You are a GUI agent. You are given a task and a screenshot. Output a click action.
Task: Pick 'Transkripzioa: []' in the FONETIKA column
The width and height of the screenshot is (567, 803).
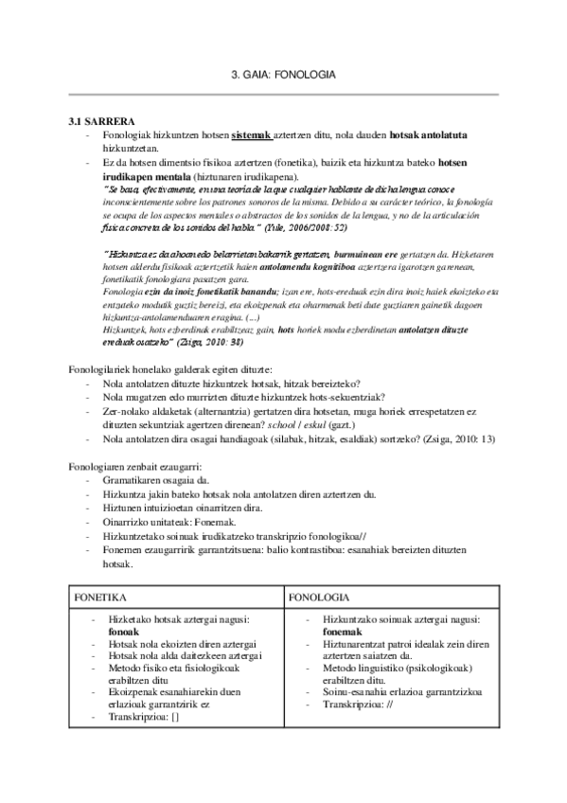[144, 716]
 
